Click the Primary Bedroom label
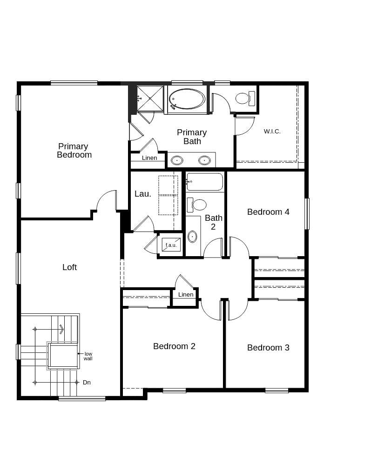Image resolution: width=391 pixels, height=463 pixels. click(x=74, y=151)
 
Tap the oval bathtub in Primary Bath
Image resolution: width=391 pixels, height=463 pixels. click(x=186, y=99)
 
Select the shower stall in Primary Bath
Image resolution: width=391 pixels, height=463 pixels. click(x=150, y=99)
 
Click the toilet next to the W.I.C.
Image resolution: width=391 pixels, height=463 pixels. click(x=244, y=98)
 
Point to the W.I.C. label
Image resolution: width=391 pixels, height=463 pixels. click(x=272, y=132)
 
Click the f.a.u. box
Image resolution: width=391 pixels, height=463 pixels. click(x=171, y=245)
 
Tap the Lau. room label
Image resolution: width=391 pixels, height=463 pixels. click(x=142, y=194)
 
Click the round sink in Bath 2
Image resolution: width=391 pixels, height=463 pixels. click(x=192, y=237)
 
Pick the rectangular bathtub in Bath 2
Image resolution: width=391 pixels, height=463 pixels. click(x=205, y=182)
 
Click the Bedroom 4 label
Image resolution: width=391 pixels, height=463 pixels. click(x=268, y=212)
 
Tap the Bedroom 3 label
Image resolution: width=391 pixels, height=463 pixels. click(x=268, y=348)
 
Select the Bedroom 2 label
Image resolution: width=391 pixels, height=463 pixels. click(x=174, y=346)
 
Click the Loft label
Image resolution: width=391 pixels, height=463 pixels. click(x=69, y=267)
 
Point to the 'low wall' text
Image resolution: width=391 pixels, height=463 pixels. click(x=88, y=356)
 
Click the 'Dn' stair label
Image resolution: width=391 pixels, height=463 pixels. click(x=87, y=383)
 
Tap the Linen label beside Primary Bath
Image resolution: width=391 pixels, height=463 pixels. click(x=149, y=158)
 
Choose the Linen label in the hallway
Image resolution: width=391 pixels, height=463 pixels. click(x=185, y=295)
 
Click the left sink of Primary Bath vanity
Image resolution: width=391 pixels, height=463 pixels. click(x=177, y=160)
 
